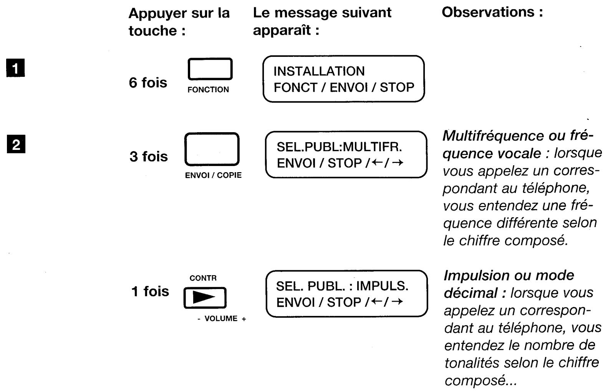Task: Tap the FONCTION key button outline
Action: pyautogui.click(x=210, y=70)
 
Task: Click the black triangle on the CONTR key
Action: pyautogui.click(x=205, y=298)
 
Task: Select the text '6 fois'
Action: pyautogui.click(x=148, y=83)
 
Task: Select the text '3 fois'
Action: pyautogui.click(x=149, y=156)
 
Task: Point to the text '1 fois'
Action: pyautogui.click(x=150, y=291)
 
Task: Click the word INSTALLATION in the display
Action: pyautogui.click(x=319, y=71)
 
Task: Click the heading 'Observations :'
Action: pyautogui.click(x=492, y=13)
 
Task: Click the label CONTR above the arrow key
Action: pyautogui.click(x=203, y=278)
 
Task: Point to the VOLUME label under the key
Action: pyautogui.click(x=221, y=319)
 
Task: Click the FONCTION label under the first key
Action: pyautogui.click(x=208, y=90)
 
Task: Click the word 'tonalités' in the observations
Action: pyautogui.click(x=472, y=362)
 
